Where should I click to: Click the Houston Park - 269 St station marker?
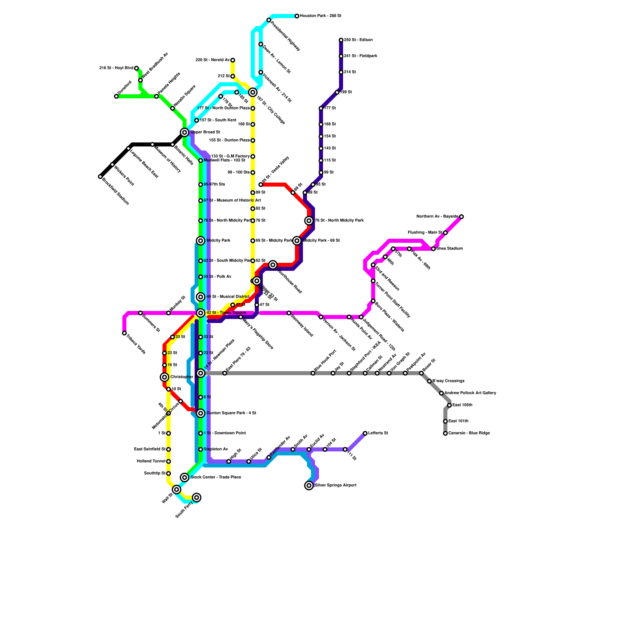(x=297, y=16)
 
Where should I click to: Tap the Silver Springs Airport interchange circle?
(x=309, y=486)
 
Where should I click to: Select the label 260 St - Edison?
(x=358, y=40)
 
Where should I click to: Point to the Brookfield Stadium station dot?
(x=100, y=177)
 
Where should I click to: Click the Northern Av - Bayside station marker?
(x=461, y=217)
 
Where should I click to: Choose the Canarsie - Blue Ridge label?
(x=469, y=433)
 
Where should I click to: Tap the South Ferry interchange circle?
(x=197, y=498)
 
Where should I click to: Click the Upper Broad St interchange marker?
(x=185, y=132)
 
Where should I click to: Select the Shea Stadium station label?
(x=450, y=249)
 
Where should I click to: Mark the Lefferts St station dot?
(x=365, y=433)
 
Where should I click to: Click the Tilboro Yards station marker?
(x=124, y=333)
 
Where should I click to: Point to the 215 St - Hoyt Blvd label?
(x=116, y=68)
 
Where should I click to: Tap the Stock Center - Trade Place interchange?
(x=185, y=477)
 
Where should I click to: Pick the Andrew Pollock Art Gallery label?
(x=470, y=393)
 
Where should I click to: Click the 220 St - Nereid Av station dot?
(x=233, y=60)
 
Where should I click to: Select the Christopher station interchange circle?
(x=165, y=377)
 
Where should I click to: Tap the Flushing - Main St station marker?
(x=445, y=233)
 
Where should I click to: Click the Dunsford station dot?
(x=116, y=96)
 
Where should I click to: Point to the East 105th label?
(x=462, y=405)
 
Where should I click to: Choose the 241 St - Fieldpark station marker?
(x=341, y=56)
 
